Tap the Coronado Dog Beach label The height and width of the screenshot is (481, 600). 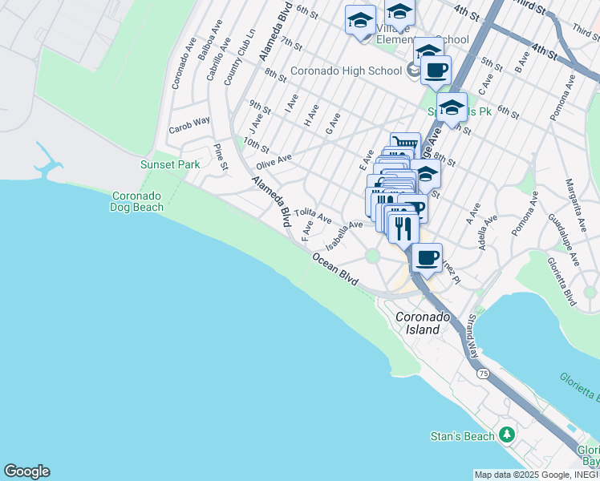click(x=136, y=201)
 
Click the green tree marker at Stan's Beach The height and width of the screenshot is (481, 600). click(x=506, y=435)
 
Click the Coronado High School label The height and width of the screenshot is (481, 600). click(x=346, y=71)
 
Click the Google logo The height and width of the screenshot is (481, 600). click(x=26, y=471)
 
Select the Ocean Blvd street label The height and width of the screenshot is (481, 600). click(x=335, y=269)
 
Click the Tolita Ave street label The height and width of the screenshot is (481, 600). click(x=312, y=216)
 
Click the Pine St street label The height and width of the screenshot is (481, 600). click(x=221, y=157)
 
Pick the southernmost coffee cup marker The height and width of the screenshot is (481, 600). click(x=428, y=258)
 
